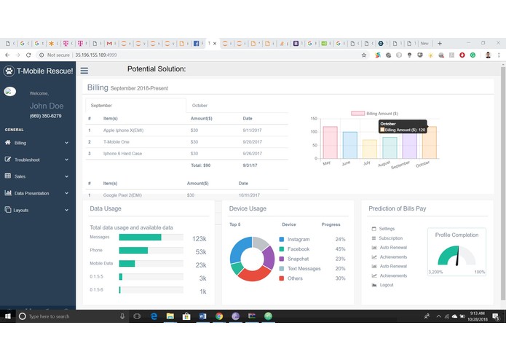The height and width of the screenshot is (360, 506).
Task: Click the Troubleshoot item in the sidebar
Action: (27, 160)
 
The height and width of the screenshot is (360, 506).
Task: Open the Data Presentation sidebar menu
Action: (31, 193)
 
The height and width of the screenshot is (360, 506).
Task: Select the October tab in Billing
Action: (199, 106)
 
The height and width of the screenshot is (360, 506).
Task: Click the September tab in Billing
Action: (101, 106)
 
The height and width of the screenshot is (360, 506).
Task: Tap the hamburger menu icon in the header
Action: (84, 71)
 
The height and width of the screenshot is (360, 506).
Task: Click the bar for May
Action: (330, 142)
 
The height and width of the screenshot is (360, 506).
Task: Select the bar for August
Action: (390, 147)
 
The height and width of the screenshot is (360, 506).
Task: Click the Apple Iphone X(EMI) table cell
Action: (123, 130)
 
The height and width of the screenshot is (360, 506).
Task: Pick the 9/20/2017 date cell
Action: (253, 141)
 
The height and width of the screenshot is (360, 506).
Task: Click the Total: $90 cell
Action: (200, 165)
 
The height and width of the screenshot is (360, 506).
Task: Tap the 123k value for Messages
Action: (199, 239)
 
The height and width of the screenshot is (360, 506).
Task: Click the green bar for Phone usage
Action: (133, 251)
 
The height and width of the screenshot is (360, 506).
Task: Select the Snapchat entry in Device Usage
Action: (298, 259)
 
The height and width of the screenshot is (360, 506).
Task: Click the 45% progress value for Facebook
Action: (340, 249)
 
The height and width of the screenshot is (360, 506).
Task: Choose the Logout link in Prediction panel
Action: (386, 285)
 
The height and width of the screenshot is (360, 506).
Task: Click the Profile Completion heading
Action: (456, 235)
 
